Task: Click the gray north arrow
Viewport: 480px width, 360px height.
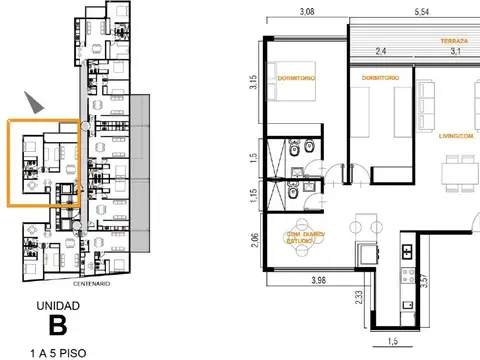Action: [x=36, y=101]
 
